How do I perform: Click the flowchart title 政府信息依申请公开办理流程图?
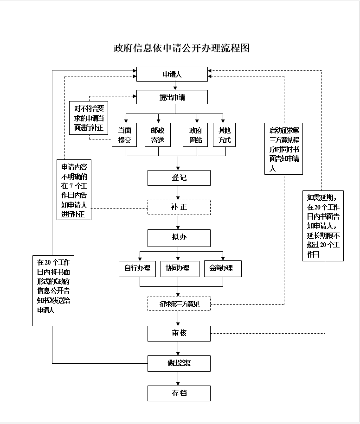(181, 48)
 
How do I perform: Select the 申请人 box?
(172, 74)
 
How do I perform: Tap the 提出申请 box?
(172, 97)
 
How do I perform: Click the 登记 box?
(179, 178)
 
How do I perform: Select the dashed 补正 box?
(179, 207)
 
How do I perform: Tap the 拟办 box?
(179, 238)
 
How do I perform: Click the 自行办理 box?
(137, 268)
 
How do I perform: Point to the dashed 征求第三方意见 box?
(179, 304)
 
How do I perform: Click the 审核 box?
(179, 333)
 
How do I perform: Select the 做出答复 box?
(179, 363)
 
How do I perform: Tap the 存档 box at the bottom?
(179, 393)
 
